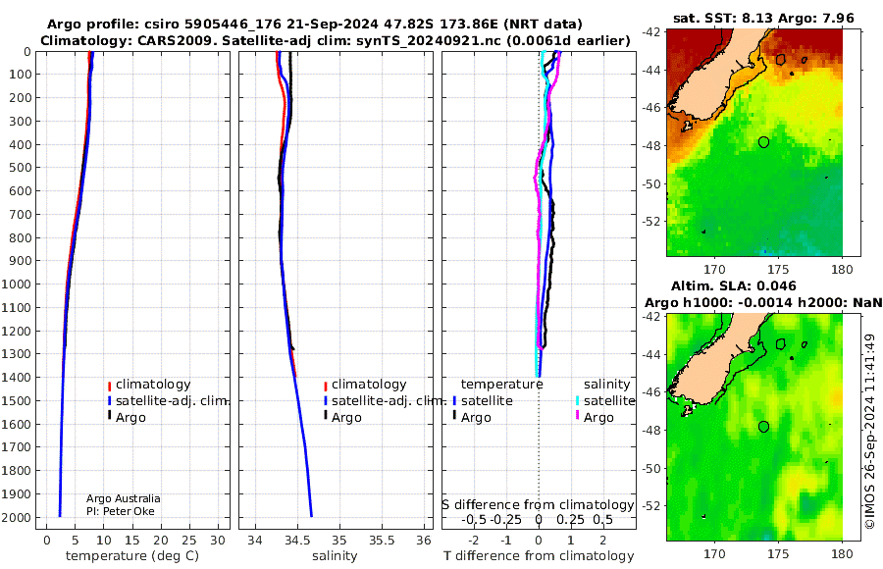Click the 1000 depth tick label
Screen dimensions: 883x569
click(16, 284)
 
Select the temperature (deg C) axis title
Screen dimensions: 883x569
click(132, 556)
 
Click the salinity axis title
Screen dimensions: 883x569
click(336, 556)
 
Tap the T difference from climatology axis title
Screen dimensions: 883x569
click(539, 556)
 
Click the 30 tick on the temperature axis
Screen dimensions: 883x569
click(218, 541)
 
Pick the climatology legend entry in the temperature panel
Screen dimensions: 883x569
click(149, 385)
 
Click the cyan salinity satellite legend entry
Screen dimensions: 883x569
click(605, 401)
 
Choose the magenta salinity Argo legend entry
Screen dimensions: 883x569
click(594, 418)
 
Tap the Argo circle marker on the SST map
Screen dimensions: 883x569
click(763, 142)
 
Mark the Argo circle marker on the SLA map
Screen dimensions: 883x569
click(763, 427)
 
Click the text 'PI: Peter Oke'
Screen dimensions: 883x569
click(121, 511)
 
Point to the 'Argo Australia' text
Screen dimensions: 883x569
click(124, 498)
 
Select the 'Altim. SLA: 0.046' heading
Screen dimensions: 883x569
click(734, 285)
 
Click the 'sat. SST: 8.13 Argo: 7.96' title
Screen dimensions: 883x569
click(763, 19)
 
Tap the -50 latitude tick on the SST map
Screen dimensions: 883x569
click(651, 183)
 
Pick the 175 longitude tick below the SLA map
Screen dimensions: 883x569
click(779, 553)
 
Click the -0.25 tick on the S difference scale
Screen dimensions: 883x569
click(506, 519)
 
